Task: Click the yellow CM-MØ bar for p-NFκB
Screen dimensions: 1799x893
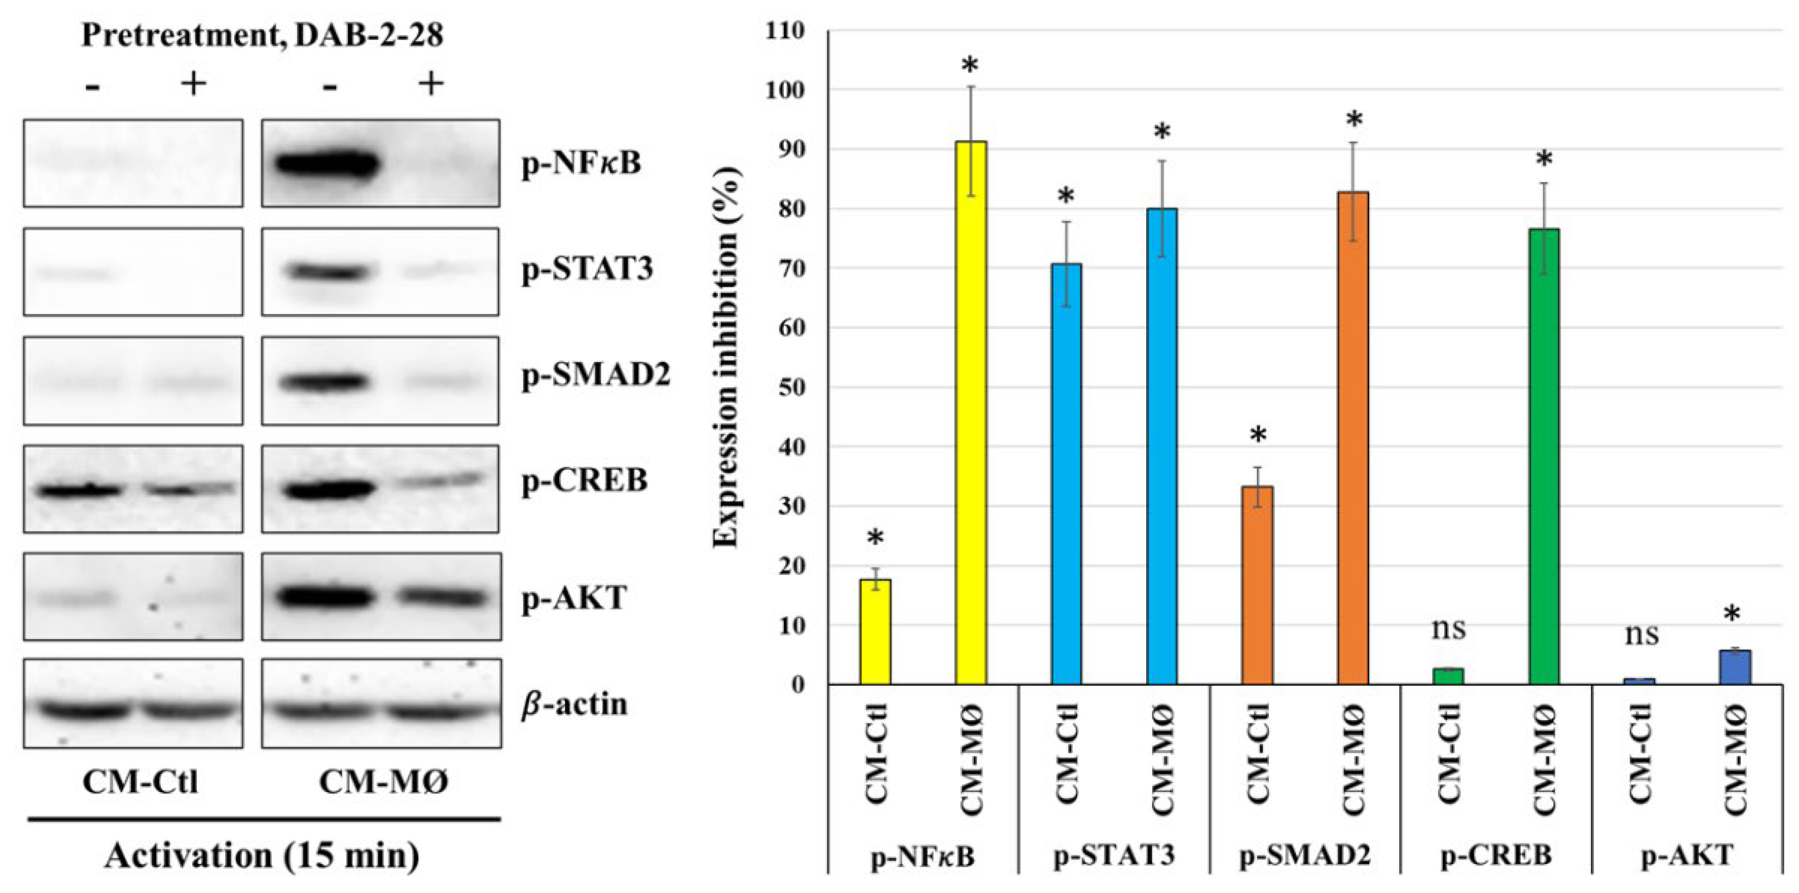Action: coord(971,412)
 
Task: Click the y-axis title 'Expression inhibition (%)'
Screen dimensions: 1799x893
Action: coord(726,357)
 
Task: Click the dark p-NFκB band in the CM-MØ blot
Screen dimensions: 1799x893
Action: coord(327,165)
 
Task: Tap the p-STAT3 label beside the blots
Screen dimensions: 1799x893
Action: coord(587,269)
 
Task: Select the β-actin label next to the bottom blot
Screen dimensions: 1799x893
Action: coord(574,704)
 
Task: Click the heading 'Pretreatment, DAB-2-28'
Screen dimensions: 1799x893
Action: coord(262,35)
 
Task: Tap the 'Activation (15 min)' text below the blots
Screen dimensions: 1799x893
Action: coord(262,855)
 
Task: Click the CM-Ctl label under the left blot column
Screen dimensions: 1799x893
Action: coord(140,782)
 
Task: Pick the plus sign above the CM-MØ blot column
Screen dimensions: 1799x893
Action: coord(431,84)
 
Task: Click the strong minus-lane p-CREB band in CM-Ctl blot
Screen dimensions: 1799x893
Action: coord(78,490)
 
